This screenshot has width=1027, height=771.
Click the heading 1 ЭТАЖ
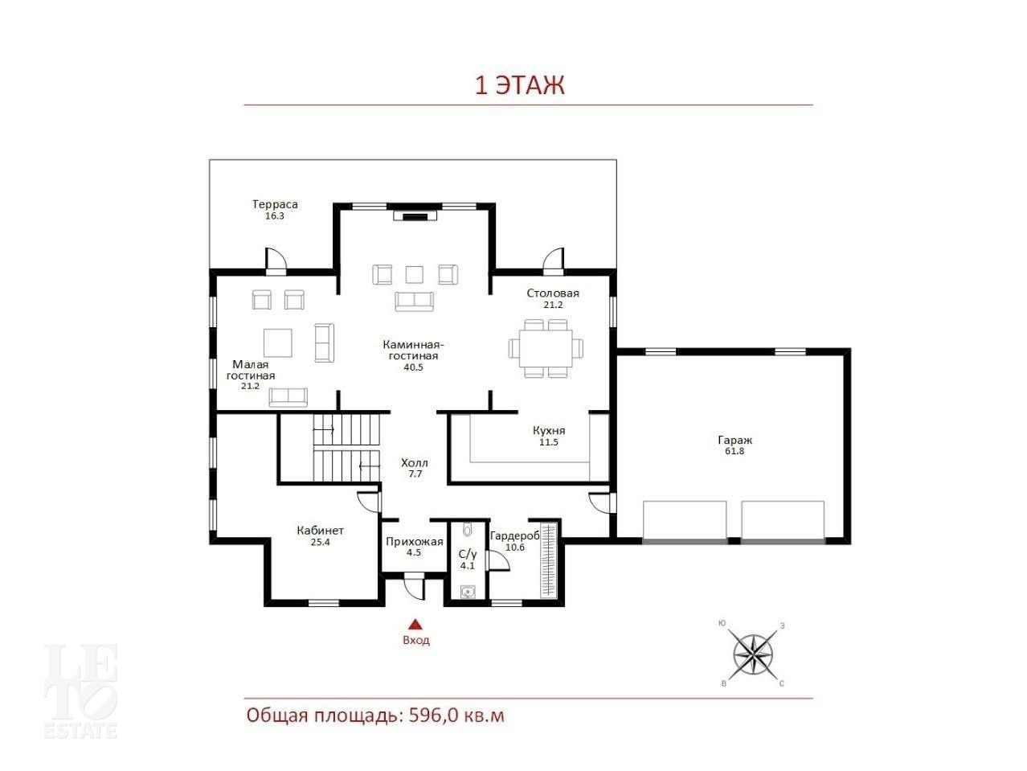pos(519,86)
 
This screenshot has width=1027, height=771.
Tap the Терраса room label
pos(275,204)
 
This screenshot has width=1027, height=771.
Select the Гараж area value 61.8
pos(734,451)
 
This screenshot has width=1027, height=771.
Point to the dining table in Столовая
pos(546,348)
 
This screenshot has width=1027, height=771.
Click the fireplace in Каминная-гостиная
pos(415,215)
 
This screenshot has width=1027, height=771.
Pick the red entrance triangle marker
pos(415,624)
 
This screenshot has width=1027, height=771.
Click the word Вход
pos(416,640)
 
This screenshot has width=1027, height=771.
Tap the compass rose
pos(753,654)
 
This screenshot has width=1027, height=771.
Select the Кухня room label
pos(549,430)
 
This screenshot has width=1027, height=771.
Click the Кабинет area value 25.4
pos(320,542)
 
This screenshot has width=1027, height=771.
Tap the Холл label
pos(415,463)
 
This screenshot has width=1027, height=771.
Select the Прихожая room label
pos(414,542)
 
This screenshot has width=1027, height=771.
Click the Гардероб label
pos(514,535)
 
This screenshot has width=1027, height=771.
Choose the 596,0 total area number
pos(433,716)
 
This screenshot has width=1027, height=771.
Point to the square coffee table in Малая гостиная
pos(277,343)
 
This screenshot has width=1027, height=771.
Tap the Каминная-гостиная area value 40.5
pos(413,367)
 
